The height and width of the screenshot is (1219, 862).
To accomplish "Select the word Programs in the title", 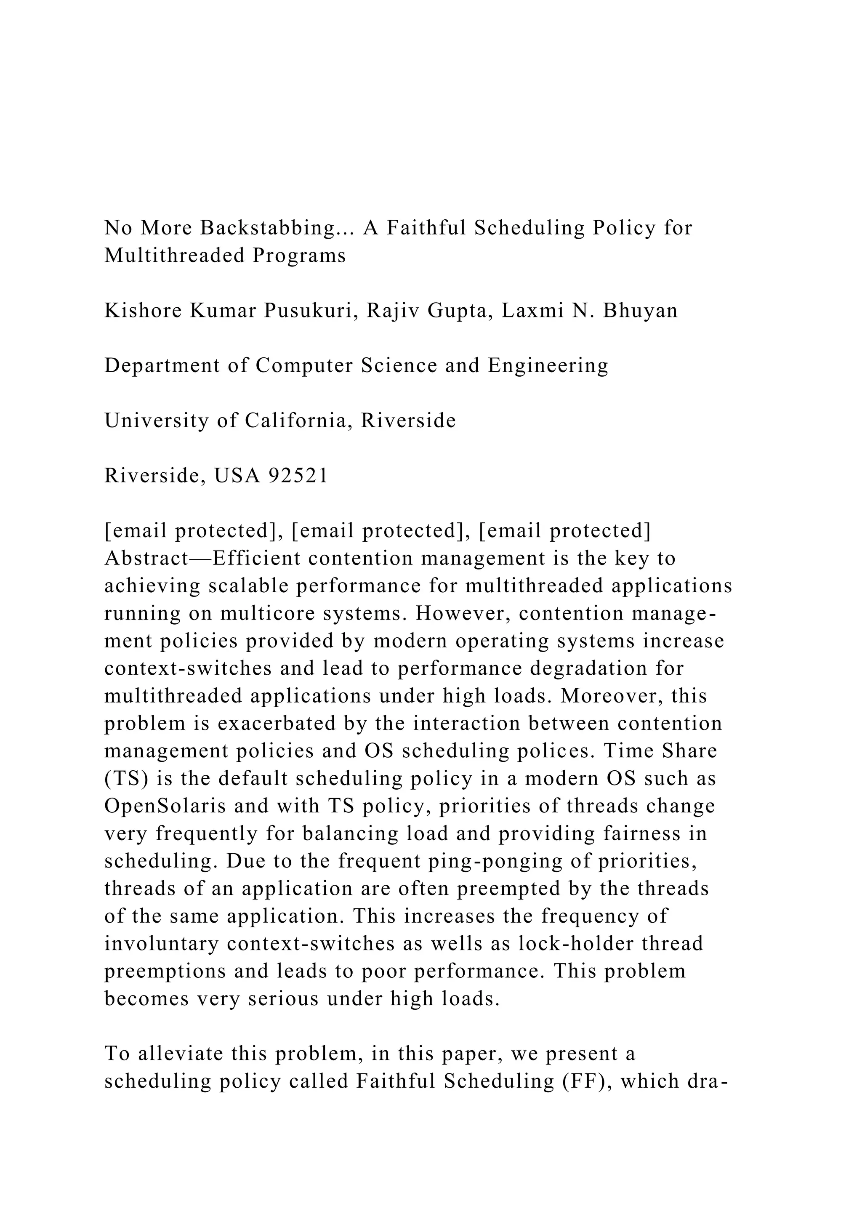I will coord(299,256).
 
